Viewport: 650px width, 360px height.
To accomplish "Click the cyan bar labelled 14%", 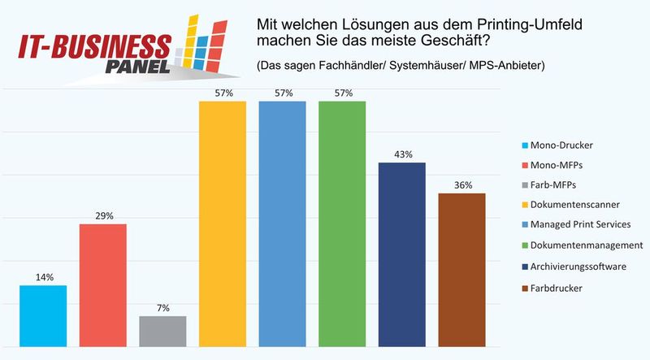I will click(x=43, y=315).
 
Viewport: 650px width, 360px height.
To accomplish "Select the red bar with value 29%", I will click(x=102, y=284).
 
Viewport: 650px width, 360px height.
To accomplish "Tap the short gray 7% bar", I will click(x=162, y=330).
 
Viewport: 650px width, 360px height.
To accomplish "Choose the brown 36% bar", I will click(x=462, y=268).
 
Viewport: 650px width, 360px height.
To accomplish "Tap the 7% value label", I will click(x=163, y=308).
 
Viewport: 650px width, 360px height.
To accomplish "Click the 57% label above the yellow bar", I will click(x=223, y=93).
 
